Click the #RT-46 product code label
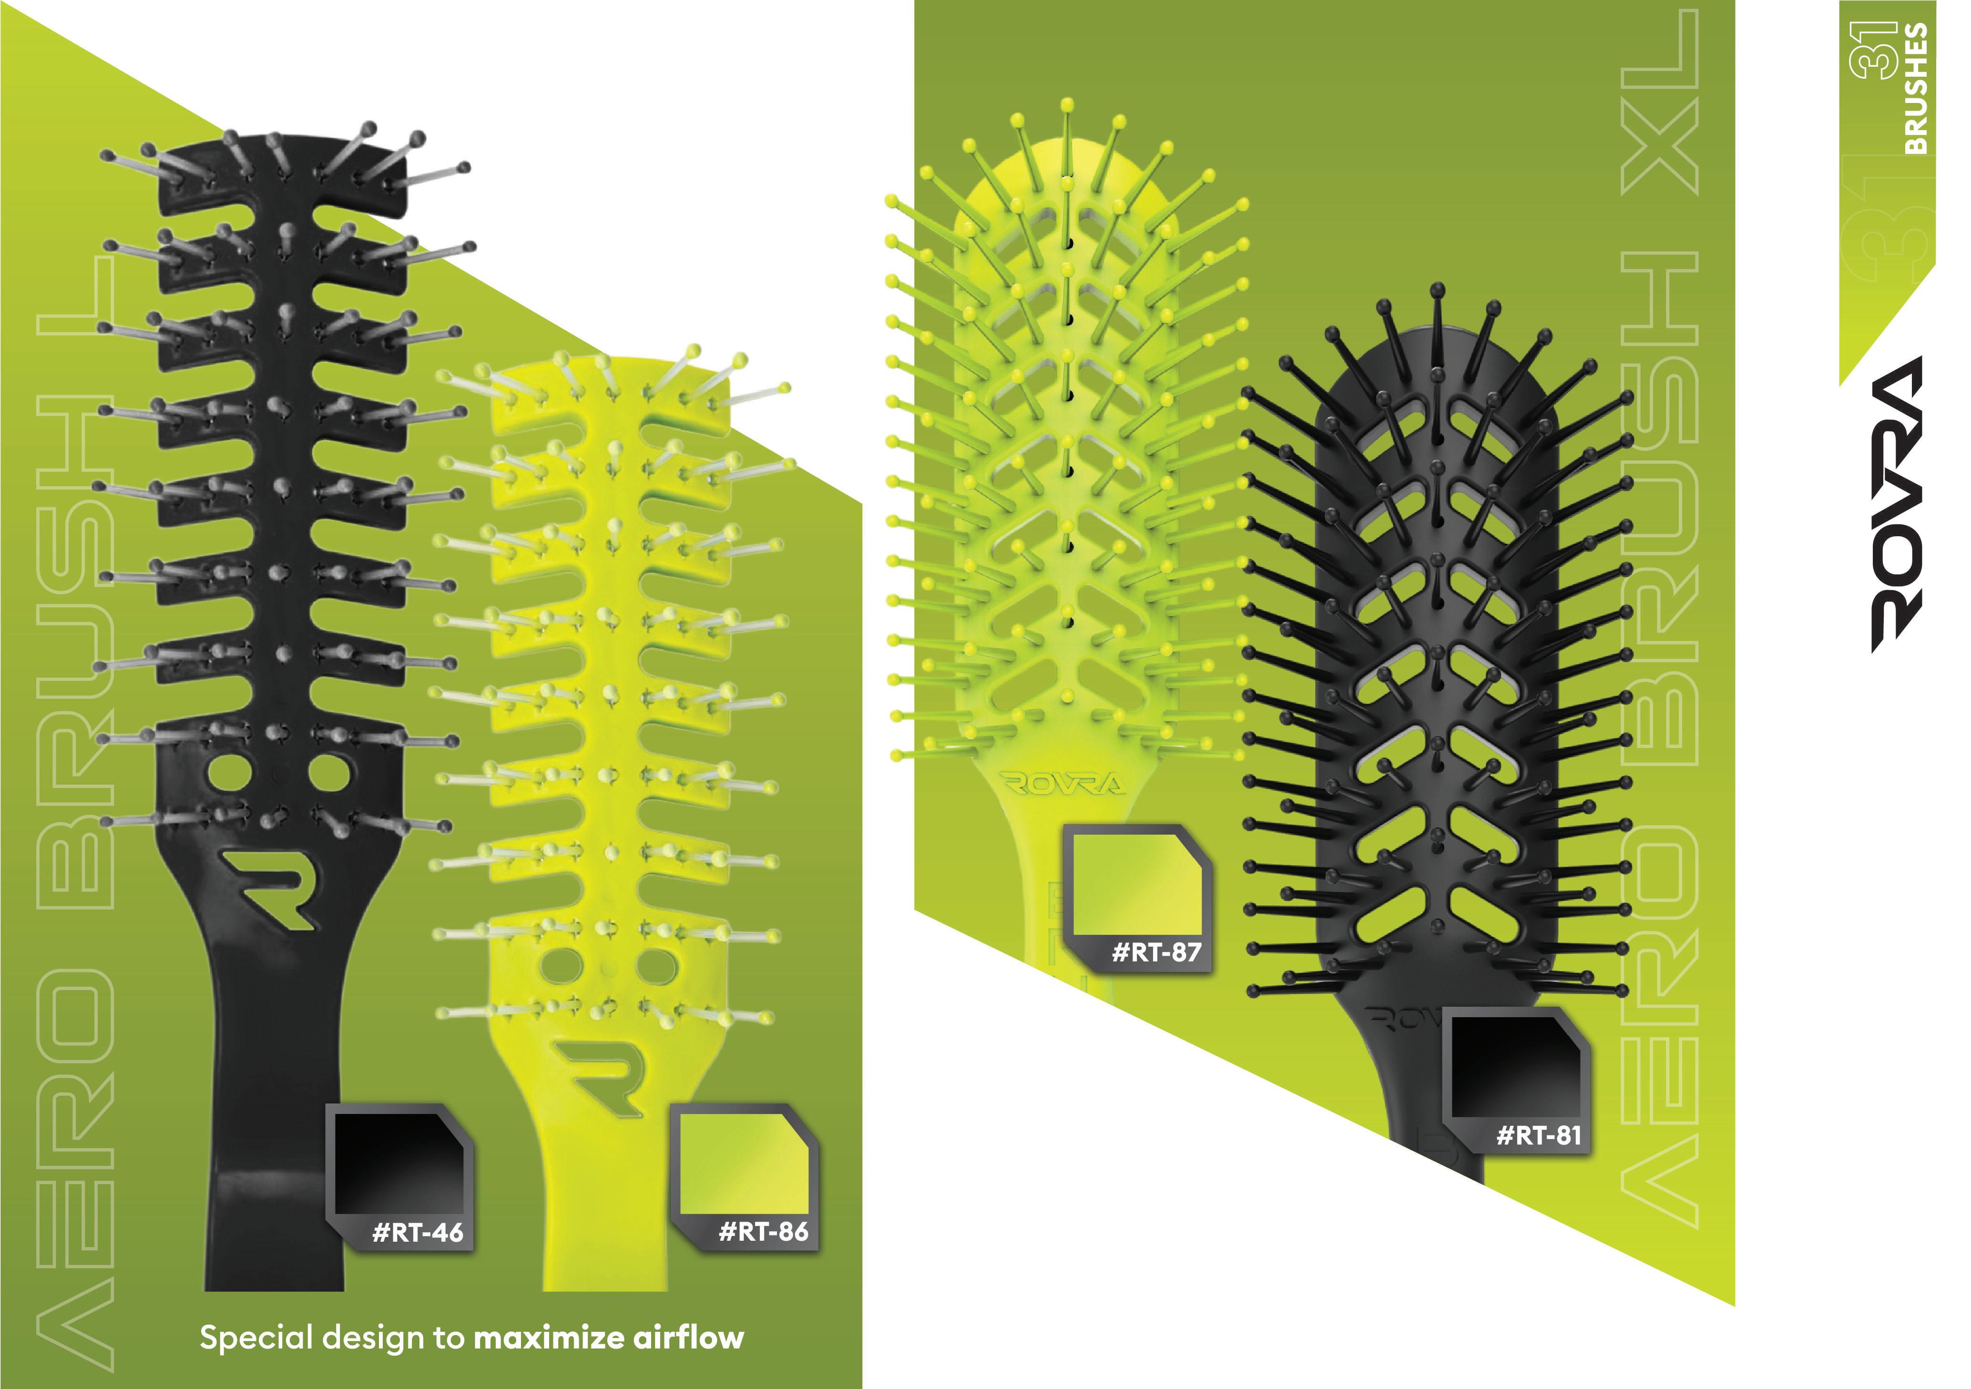417,1233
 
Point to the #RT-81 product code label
1538,1136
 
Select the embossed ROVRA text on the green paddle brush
1063,784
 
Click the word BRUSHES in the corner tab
1917,89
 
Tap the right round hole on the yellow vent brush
658,968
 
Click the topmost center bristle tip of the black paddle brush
1438,290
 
